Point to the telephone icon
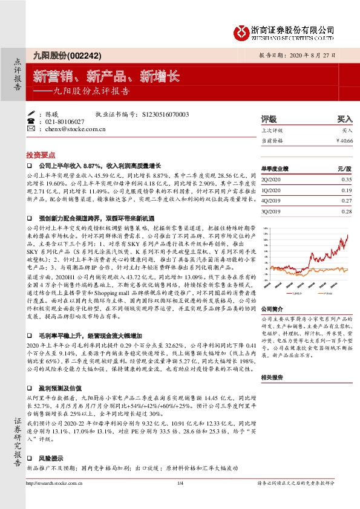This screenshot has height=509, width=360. pos(31,122)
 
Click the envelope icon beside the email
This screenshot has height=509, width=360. pos(31,129)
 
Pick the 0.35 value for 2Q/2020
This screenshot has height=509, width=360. pos(346,180)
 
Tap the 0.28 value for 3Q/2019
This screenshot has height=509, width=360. pos(346,211)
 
